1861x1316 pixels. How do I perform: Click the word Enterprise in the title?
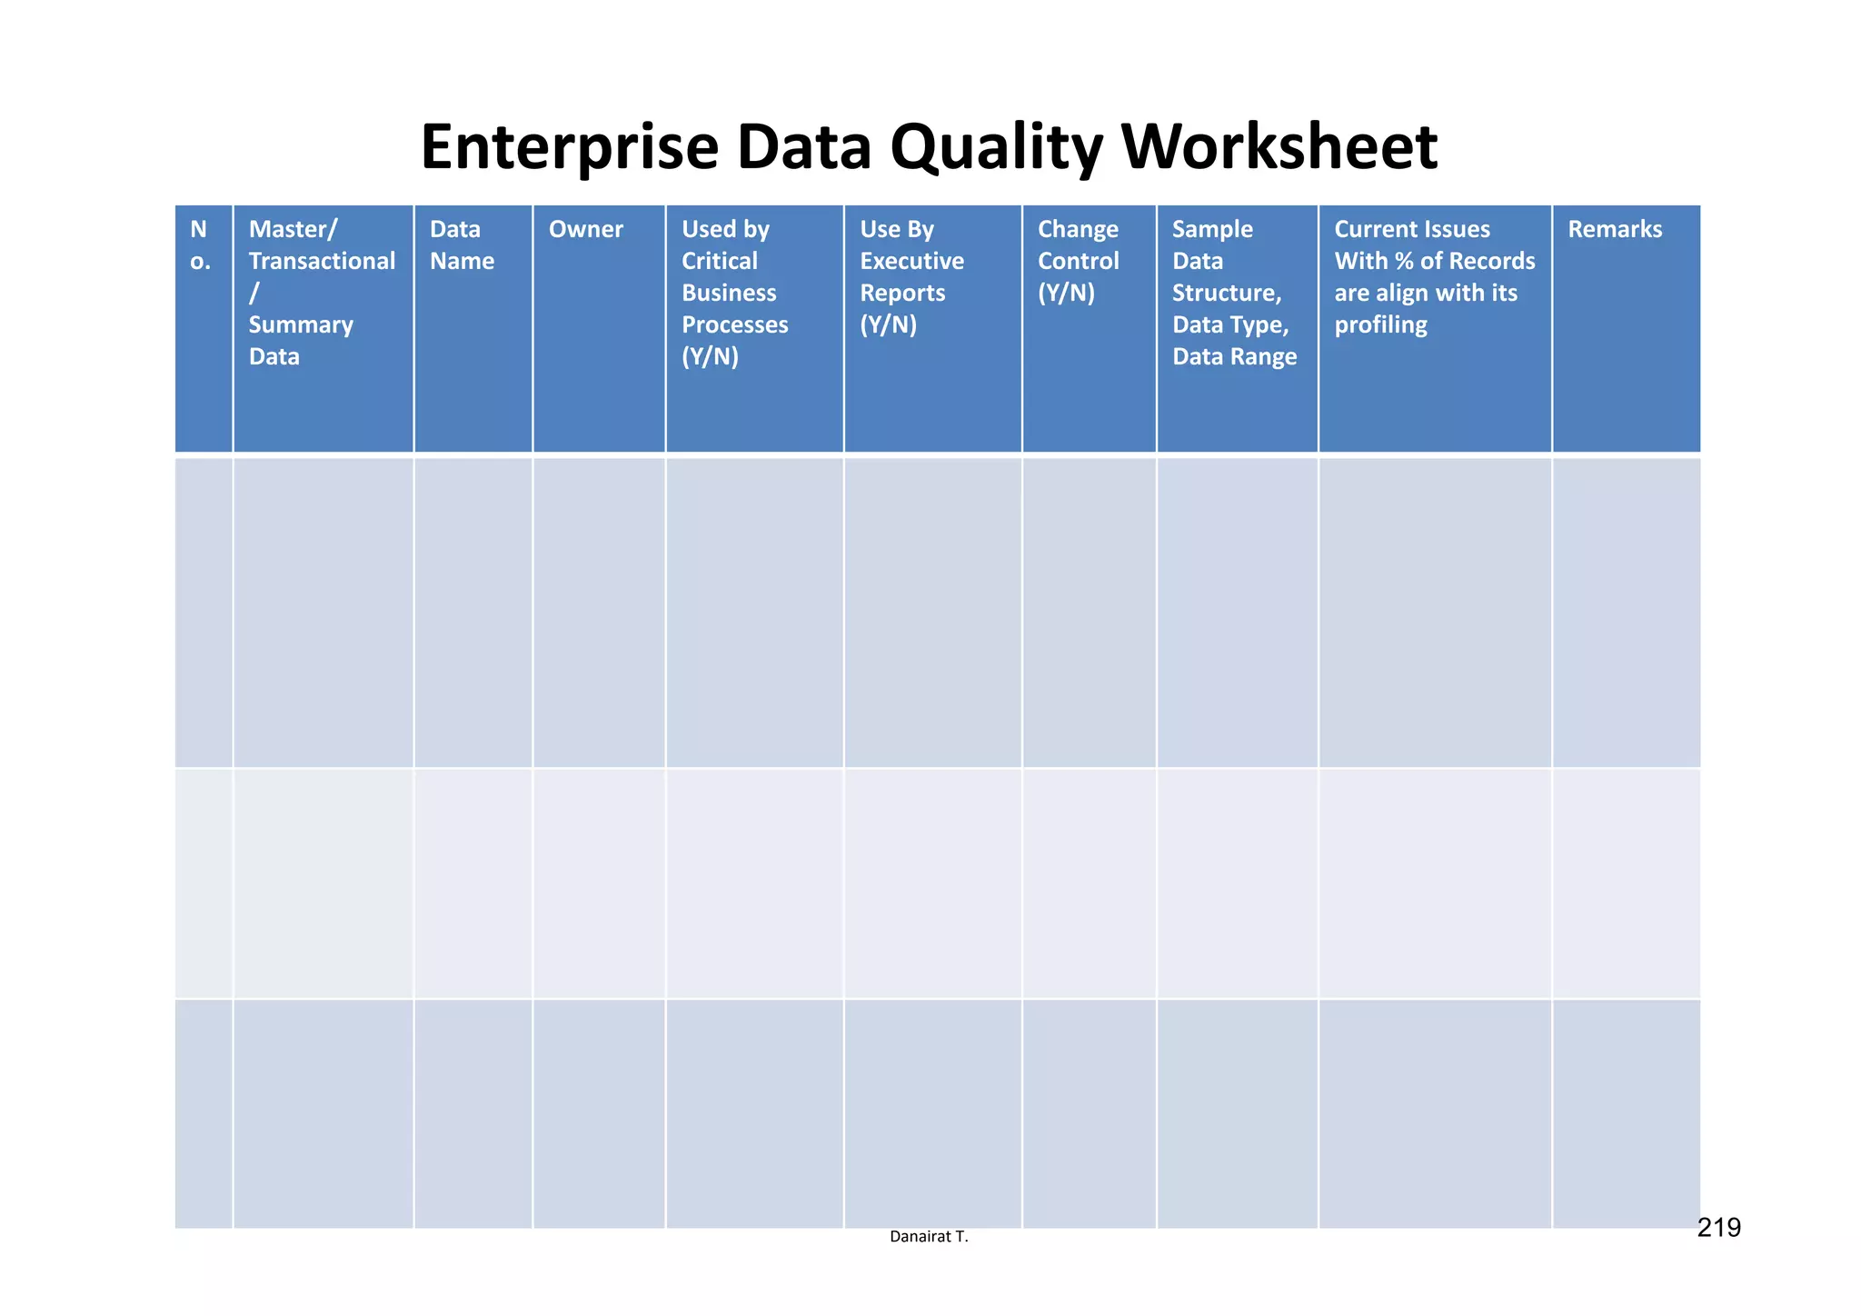[x=569, y=147]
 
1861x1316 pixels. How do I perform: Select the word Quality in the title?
[x=996, y=147]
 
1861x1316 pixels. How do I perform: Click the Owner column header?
[x=586, y=229]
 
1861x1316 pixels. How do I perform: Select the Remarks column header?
[x=1615, y=229]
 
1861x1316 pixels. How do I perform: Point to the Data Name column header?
[x=462, y=245]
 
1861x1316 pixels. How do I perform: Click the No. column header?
[x=200, y=245]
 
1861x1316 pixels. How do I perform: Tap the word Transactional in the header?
[x=322, y=262]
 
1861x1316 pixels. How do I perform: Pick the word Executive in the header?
[x=911, y=262]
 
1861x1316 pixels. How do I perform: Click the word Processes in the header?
[x=735, y=325]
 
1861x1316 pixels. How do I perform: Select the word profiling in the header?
[x=1380, y=325]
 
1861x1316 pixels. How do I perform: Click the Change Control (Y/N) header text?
[x=1078, y=262]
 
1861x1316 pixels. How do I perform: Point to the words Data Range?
[x=1234, y=357]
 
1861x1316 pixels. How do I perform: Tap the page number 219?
[x=1718, y=1228]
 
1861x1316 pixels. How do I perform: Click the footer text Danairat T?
[x=929, y=1237]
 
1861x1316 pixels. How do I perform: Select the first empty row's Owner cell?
[x=599, y=613]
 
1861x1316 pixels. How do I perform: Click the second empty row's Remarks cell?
[x=1626, y=883]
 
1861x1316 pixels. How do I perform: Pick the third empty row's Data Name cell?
[x=473, y=1113]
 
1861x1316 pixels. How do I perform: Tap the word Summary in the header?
[x=301, y=325]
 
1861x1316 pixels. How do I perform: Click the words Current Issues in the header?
[x=1411, y=229]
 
